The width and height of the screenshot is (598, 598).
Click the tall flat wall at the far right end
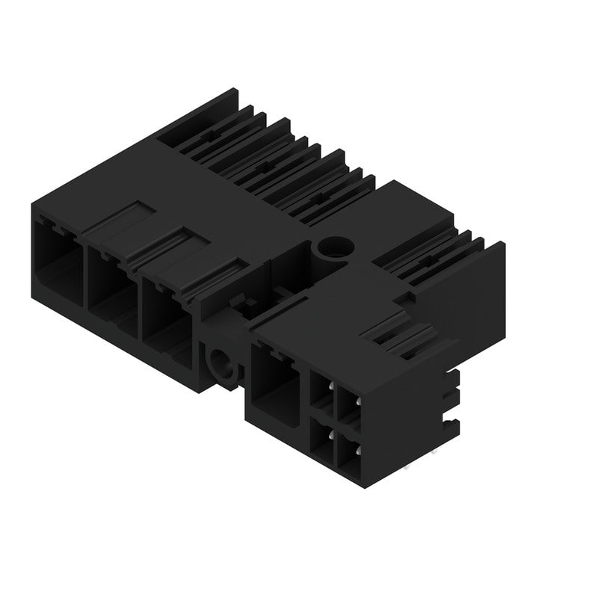[478, 292]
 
